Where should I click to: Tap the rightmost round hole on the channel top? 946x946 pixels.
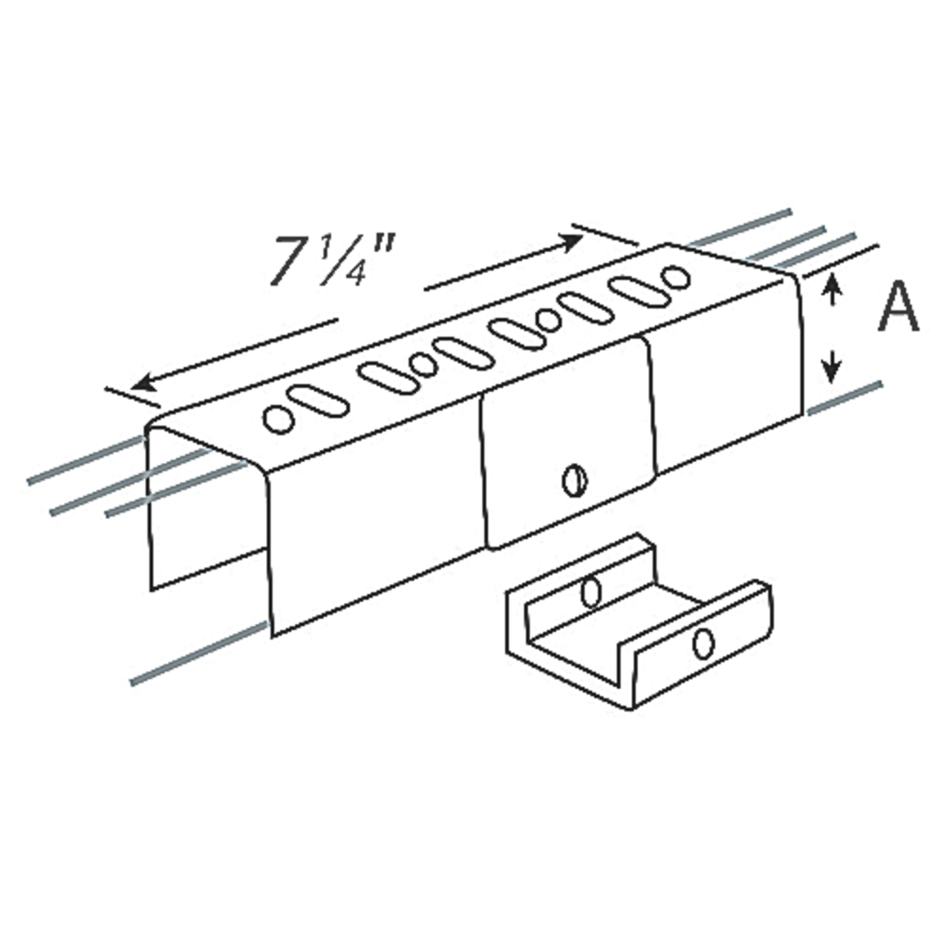(x=675, y=277)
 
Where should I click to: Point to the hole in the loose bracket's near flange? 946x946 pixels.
(x=702, y=643)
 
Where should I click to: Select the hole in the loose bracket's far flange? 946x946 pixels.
(x=592, y=592)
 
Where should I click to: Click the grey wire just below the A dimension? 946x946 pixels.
(x=845, y=398)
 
